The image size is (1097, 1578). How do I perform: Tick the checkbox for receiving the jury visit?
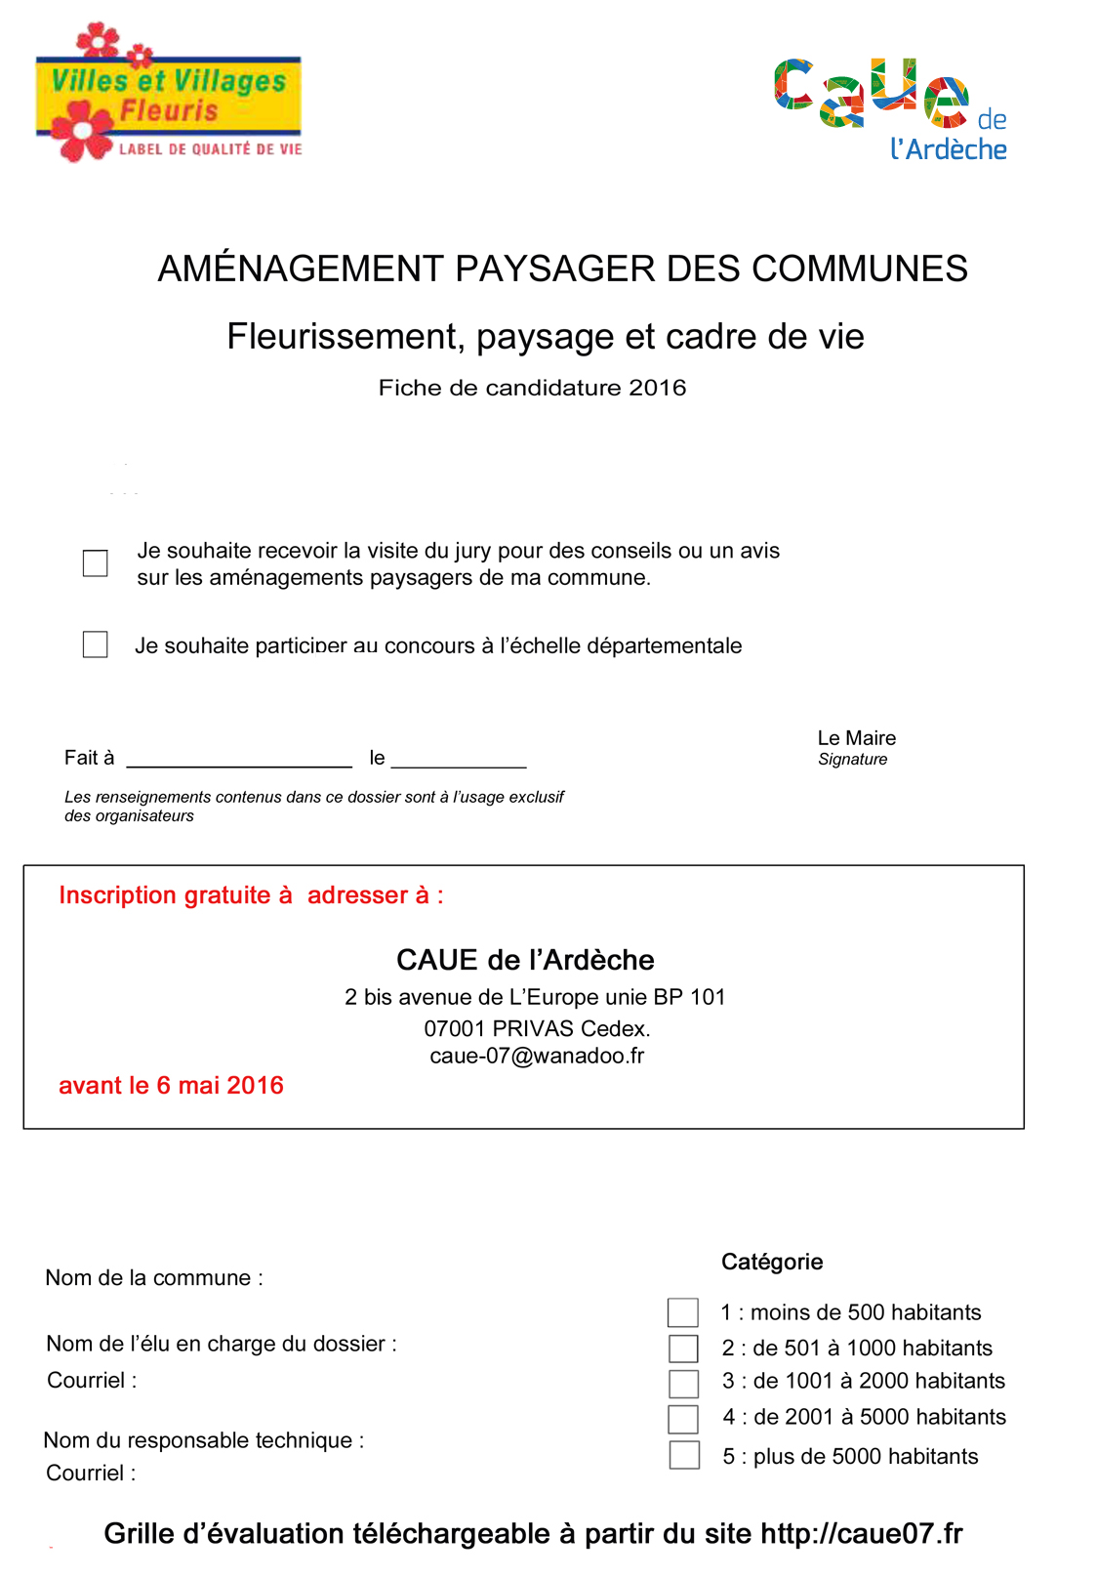96,563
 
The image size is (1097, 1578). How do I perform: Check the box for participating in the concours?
96,644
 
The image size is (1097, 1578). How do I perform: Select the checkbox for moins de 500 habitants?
683,1312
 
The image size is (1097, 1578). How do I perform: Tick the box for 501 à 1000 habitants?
683,1349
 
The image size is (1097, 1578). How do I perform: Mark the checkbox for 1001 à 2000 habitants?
683,1383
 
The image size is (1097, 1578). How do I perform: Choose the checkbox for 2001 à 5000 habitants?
683,1418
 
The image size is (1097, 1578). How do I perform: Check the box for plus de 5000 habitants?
684,1455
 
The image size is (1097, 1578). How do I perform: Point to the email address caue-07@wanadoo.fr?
537,1056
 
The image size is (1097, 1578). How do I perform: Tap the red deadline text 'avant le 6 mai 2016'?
171,1085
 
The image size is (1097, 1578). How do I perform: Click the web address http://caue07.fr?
861,1533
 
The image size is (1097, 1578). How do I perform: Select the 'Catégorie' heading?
772,1262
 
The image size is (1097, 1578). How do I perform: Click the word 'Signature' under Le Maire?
852,760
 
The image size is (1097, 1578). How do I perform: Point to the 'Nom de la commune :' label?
154,1278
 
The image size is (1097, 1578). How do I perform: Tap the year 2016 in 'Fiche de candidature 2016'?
657,388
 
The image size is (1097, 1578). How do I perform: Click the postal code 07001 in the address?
454,1028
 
